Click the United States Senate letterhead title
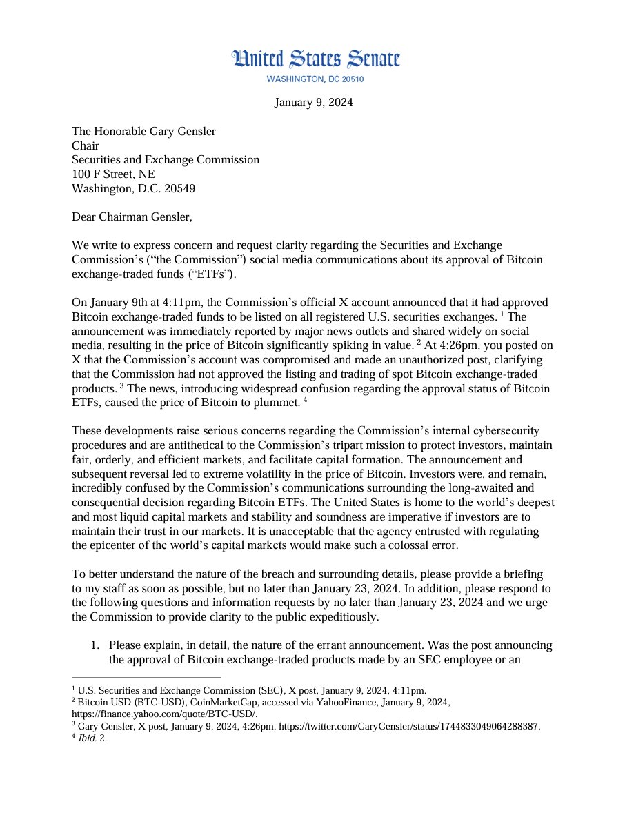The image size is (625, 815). pyautogui.click(x=315, y=60)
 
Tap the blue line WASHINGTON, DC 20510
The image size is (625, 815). pyautogui.click(x=315, y=79)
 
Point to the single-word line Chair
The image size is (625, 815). pyautogui.click(x=86, y=145)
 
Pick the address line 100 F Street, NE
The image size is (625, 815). pyautogui.click(x=113, y=174)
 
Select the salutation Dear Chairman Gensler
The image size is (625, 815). pyautogui.click(x=132, y=217)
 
